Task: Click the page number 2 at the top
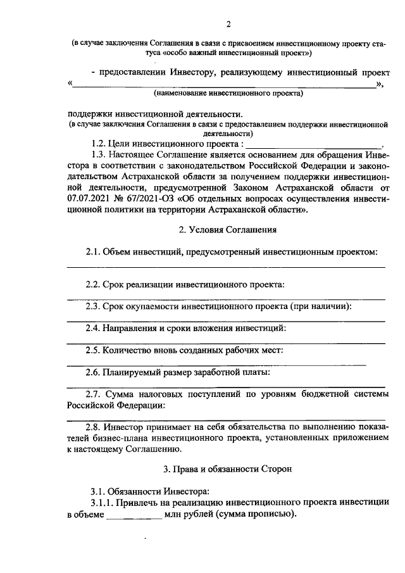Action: tap(229, 24)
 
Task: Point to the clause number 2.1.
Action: tap(93, 253)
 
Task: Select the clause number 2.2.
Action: tap(93, 284)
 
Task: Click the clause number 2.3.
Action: tap(93, 306)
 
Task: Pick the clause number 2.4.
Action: tap(93, 328)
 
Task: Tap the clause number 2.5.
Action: tap(93, 350)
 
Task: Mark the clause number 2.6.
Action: tap(93, 372)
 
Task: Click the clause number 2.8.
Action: tap(94, 427)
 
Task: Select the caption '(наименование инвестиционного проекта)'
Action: tap(228, 94)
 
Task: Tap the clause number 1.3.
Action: tap(98, 154)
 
